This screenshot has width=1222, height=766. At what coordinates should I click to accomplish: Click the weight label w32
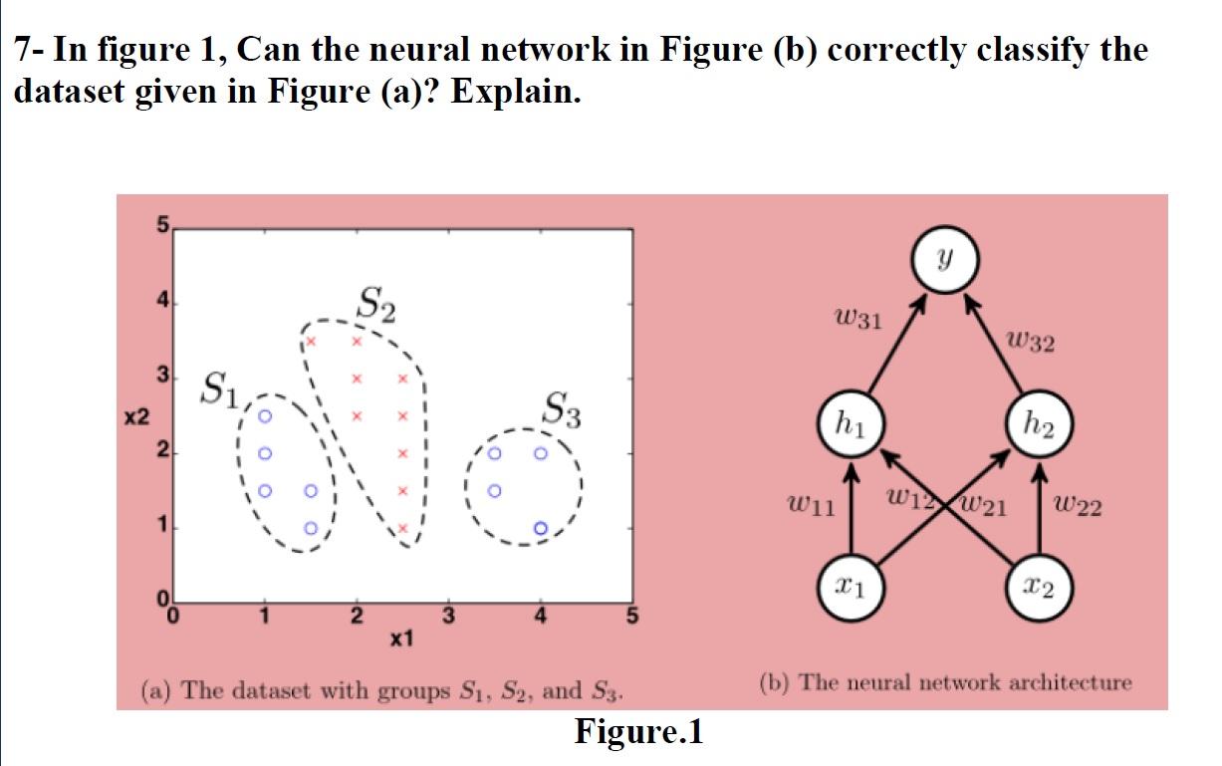pyautogui.click(x=1029, y=344)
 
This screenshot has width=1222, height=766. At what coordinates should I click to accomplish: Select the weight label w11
pyautogui.click(x=811, y=507)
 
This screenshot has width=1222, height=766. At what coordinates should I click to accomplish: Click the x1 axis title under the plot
pyautogui.click(x=403, y=638)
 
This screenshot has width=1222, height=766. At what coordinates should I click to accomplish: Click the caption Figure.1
pyautogui.click(x=638, y=733)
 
